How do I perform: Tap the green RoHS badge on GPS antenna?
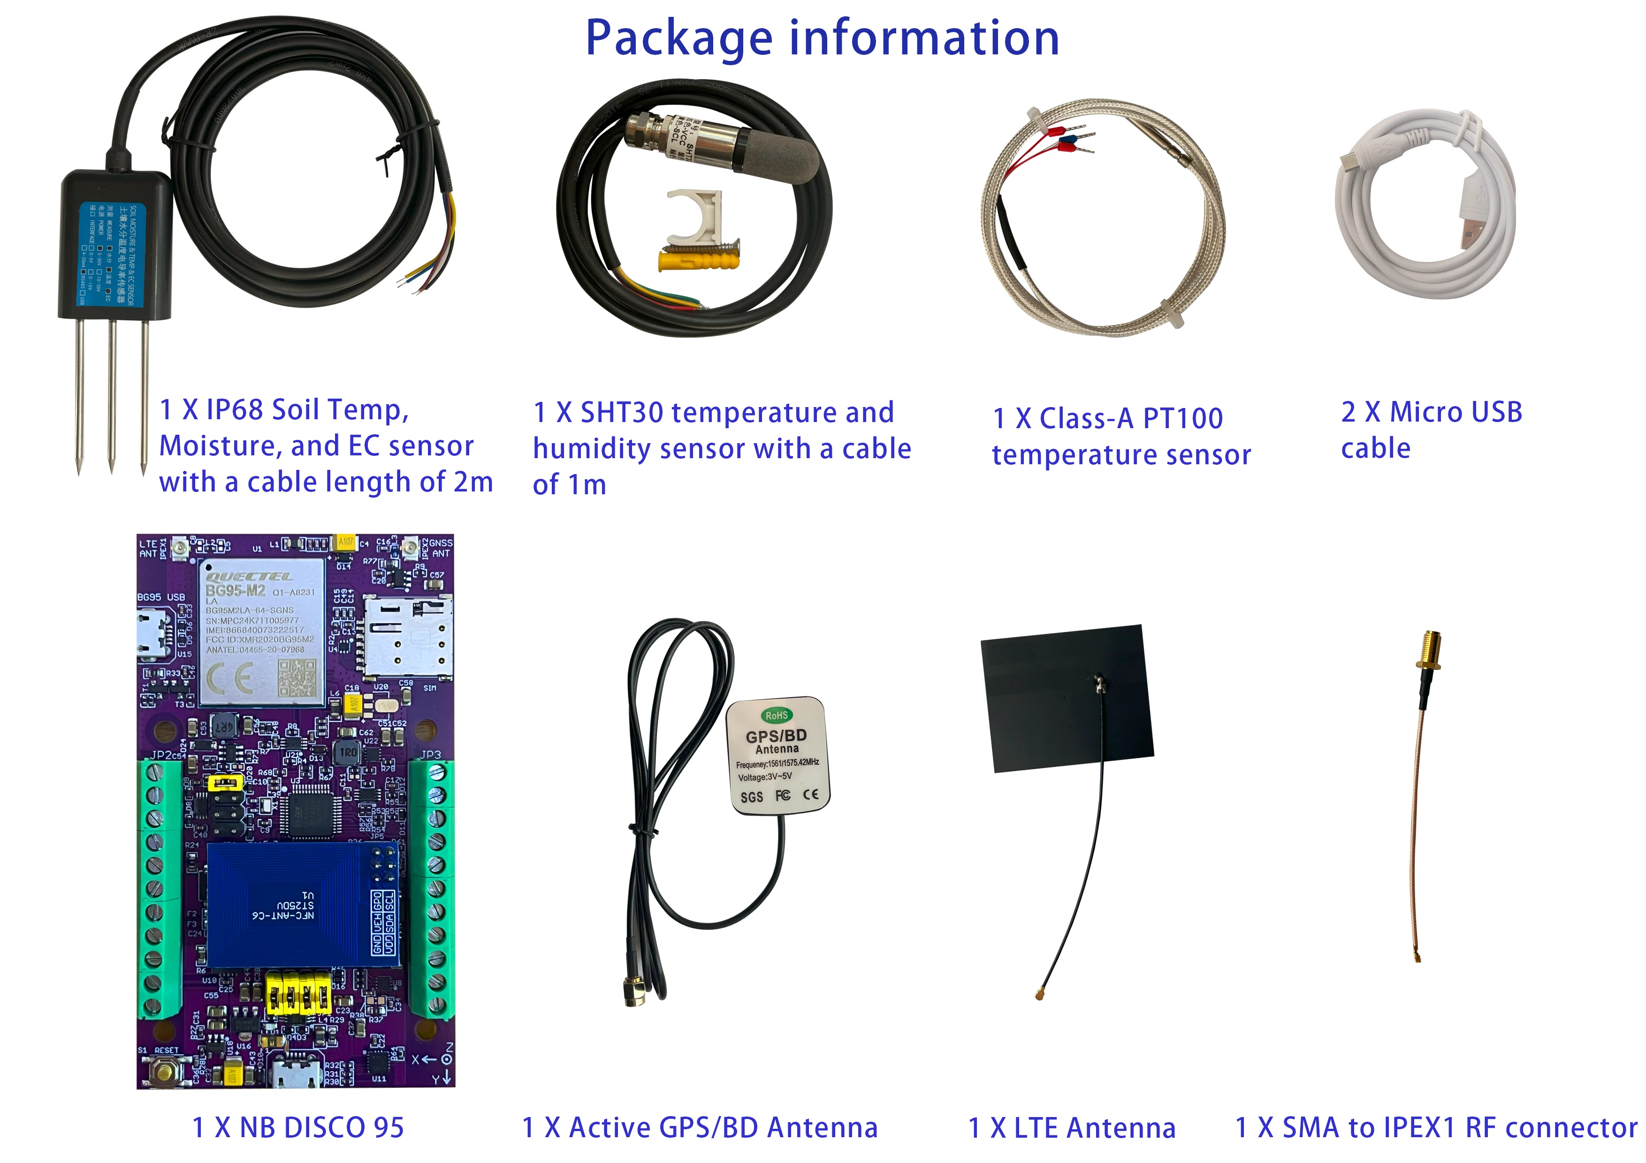777,715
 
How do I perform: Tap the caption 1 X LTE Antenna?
1072,1128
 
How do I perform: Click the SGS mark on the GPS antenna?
751,797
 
